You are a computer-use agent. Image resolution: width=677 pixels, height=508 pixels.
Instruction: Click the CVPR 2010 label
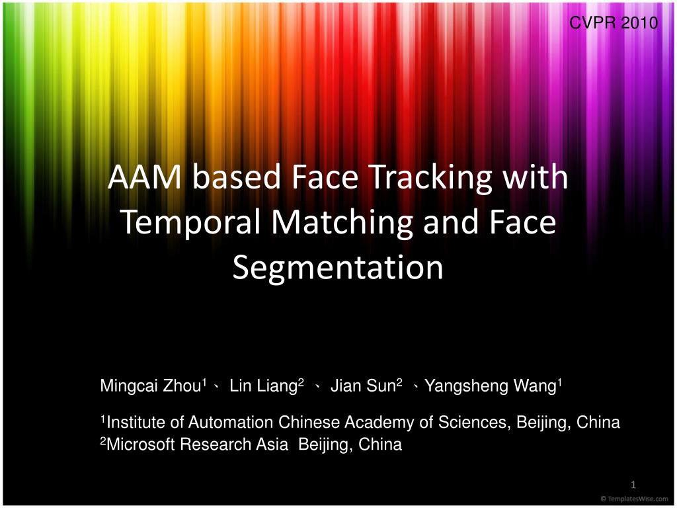pyautogui.click(x=614, y=23)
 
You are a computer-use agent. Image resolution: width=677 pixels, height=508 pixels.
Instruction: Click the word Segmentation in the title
pyautogui.click(x=338, y=267)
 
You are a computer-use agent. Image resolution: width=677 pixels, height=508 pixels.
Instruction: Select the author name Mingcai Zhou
pyautogui.click(x=151, y=386)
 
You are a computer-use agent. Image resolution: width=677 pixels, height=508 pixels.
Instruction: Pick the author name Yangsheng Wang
pyautogui.click(x=491, y=386)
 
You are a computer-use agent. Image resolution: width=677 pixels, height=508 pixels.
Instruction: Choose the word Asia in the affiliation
pyautogui.click(x=272, y=444)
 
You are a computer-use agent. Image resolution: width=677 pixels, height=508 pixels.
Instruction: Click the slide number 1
pyautogui.click(x=632, y=484)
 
